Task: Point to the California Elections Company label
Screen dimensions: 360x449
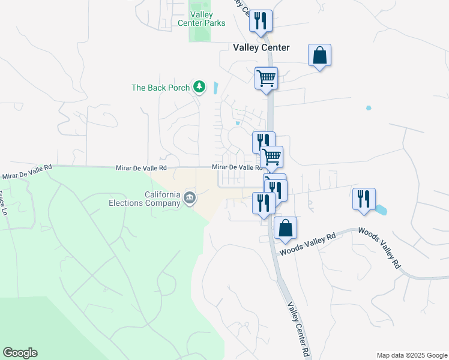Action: pyautogui.click(x=162, y=199)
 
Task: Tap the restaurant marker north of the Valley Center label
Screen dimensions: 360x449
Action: pyautogui.click(x=261, y=21)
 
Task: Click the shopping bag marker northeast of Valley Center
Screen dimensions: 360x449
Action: pyautogui.click(x=320, y=56)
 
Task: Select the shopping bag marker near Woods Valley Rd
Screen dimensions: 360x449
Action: pyautogui.click(x=285, y=228)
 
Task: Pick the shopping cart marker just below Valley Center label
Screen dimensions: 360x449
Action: pyautogui.click(x=266, y=78)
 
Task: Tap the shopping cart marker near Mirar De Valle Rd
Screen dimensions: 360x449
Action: pyautogui.click(x=272, y=157)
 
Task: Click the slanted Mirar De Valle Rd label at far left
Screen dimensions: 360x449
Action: pyautogui.click(x=26, y=172)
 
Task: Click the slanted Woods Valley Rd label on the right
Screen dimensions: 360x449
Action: pyautogui.click(x=379, y=247)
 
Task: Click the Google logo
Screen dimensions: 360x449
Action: pyautogui.click(x=20, y=353)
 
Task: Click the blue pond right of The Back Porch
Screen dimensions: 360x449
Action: pyautogui.click(x=215, y=88)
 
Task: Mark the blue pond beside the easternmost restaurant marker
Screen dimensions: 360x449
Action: pyautogui.click(x=381, y=210)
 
